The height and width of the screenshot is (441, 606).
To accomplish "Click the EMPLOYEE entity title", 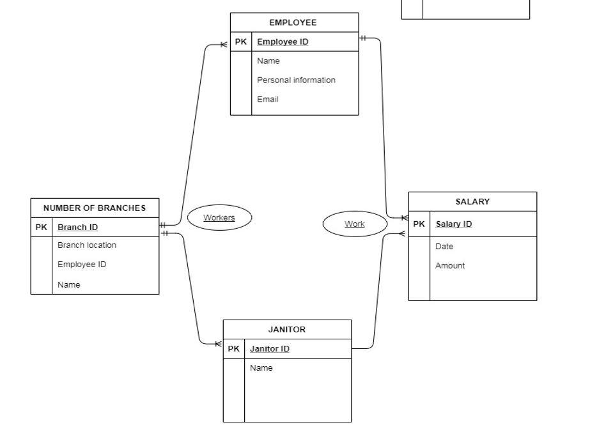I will (x=293, y=22).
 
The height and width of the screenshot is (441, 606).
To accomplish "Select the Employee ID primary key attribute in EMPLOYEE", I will (x=283, y=42).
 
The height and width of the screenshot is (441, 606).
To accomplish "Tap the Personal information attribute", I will (x=296, y=81).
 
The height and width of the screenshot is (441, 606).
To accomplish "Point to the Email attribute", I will (x=267, y=100).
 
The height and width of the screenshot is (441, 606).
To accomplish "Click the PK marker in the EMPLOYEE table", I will (x=241, y=42).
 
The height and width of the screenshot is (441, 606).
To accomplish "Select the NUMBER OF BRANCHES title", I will (x=95, y=208).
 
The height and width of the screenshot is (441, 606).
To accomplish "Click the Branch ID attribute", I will (x=77, y=228).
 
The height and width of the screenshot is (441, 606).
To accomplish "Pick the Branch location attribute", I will (x=87, y=245).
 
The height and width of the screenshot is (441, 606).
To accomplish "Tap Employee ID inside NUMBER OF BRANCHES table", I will (x=82, y=265).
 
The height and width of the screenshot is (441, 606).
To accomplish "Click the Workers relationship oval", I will (x=219, y=218).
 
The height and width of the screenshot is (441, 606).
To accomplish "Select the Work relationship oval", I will (x=355, y=224).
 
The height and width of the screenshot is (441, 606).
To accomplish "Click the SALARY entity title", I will (x=472, y=202).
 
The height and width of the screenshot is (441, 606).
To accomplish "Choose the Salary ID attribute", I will (x=454, y=224).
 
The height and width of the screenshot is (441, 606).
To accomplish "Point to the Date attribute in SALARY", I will (x=444, y=247).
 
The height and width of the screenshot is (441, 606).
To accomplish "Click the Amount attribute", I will (x=450, y=266).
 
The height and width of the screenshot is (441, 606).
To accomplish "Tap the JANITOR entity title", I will (x=286, y=330).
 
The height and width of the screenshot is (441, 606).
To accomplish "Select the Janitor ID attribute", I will (x=269, y=349).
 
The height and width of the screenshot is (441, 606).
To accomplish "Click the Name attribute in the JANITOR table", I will (x=261, y=368).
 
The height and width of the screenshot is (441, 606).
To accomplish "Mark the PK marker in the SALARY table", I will (x=419, y=224).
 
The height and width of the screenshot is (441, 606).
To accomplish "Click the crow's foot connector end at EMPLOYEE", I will (x=224, y=45).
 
